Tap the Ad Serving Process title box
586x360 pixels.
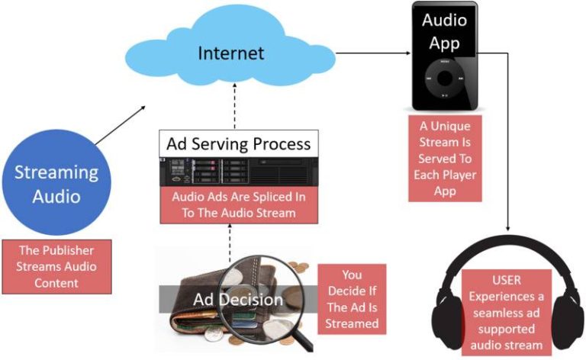click(238, 143)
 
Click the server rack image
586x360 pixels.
click(238, 172)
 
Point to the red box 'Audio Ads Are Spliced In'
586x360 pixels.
click(238, 205)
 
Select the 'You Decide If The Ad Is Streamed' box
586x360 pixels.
click(352, 297)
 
